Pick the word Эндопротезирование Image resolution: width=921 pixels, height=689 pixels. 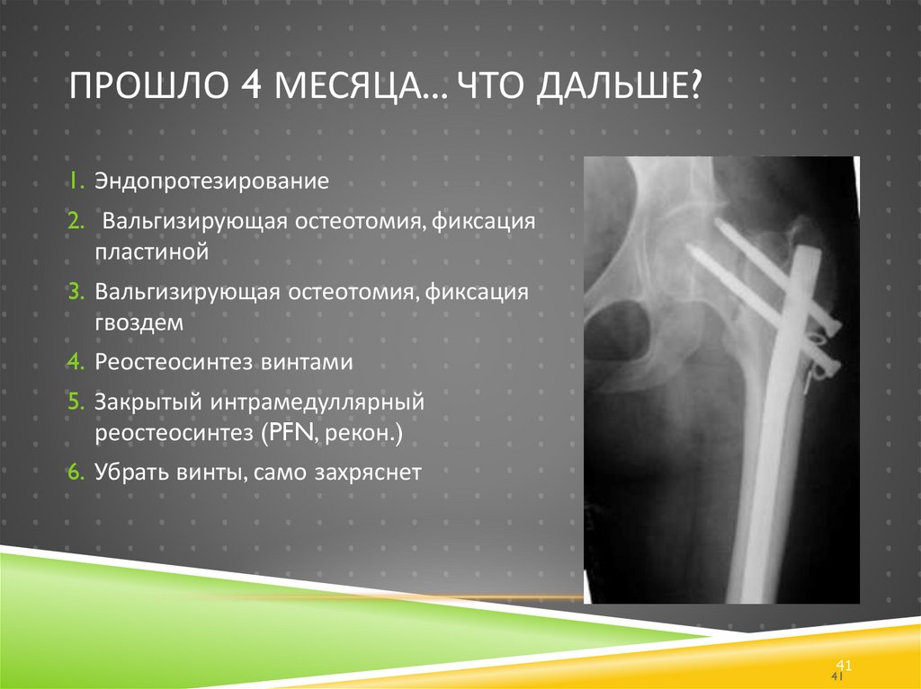pos(211,182)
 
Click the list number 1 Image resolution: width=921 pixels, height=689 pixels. pos(73,182)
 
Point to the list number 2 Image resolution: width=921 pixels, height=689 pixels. pos(73,221)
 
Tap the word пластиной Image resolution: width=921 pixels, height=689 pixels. pos(152,253)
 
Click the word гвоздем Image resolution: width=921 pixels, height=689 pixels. pos(139,324)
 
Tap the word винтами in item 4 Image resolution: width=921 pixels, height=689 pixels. pos(306,363)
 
